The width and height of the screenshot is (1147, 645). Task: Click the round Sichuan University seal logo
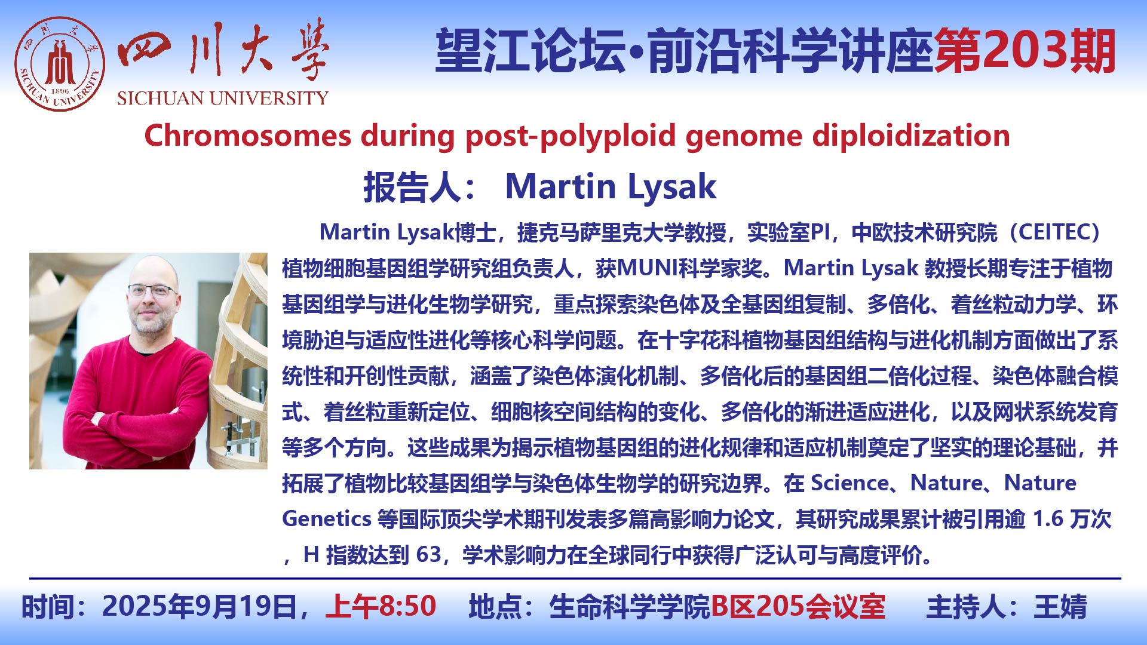(60, 64)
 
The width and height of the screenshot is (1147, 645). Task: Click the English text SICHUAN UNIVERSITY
(223, 98)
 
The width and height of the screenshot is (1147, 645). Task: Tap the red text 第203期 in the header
(1025, 51)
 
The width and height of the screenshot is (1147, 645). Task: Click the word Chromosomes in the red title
(247, 136)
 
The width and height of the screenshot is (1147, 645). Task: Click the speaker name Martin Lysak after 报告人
(611, 186)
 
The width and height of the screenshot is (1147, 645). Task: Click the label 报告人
(412, 187)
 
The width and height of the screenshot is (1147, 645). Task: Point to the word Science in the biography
(849, 483)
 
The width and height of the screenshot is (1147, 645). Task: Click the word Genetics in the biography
(327, 518)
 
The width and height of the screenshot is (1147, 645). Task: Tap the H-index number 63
(428, 555)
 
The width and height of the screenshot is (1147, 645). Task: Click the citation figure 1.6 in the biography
(1048, 519)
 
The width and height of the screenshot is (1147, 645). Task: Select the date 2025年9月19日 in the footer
(199, 606)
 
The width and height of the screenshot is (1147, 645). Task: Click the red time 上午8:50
(381, 606)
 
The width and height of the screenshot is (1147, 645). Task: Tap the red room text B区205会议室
(798, 606)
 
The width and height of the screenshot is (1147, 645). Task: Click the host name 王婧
(1060, 606)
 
